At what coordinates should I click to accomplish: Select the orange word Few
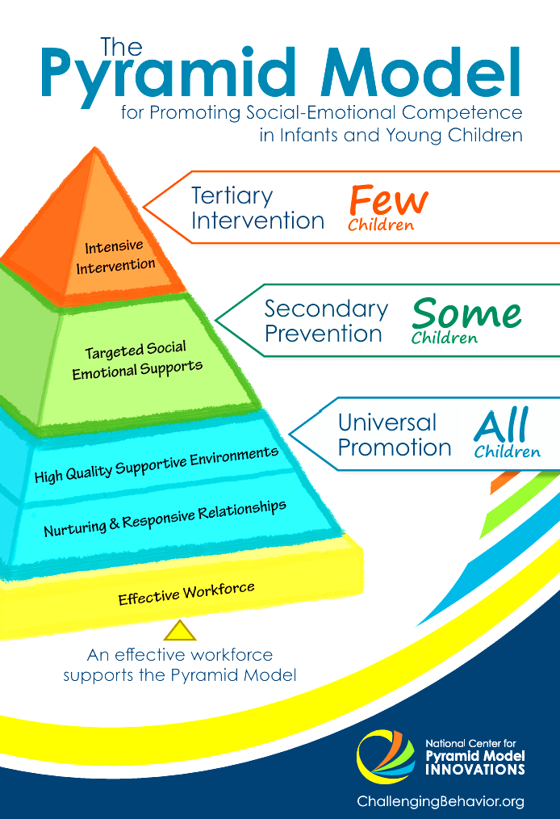click(388, 199)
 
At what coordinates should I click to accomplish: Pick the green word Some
click(466, 313)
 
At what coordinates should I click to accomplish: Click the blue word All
click(500, 426)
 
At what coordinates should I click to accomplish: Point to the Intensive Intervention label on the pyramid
click(115, 255)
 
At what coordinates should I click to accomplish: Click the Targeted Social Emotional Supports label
click(136, 360)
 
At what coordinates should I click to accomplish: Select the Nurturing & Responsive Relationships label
click(165, 519)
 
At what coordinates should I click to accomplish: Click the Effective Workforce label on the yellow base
click(186, 594)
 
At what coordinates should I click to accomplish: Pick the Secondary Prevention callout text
click(325, 321)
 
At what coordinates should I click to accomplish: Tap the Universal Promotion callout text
click(394, 435)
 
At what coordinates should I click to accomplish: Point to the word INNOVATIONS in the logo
click(474, 769)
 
